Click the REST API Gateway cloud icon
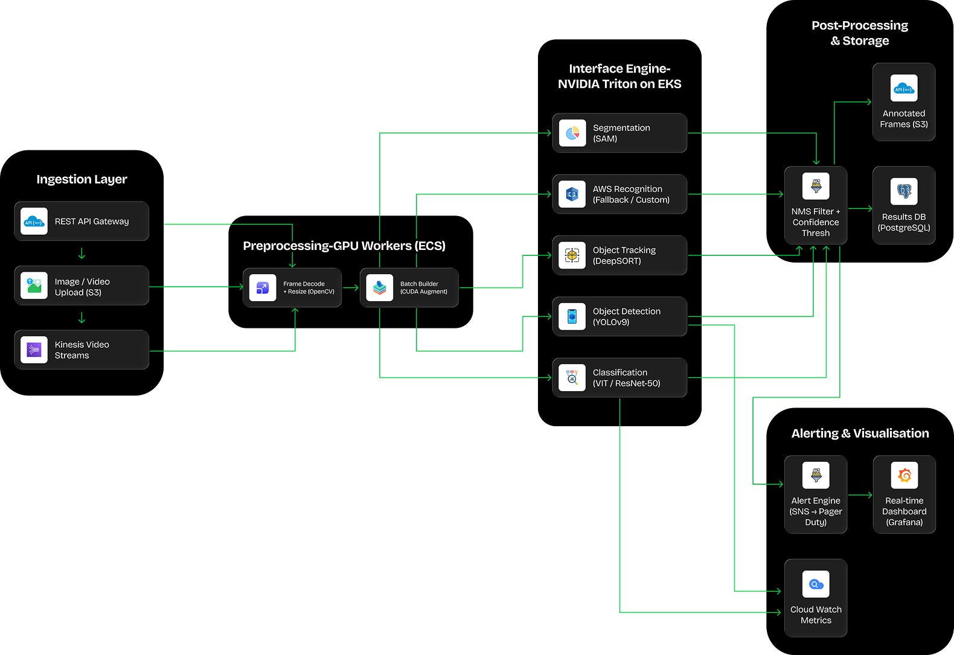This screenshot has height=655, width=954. (34, 222)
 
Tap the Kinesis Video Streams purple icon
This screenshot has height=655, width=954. (34, 350)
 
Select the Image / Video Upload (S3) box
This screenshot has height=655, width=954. (82, 286)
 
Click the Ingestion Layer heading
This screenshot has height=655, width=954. (82, 179)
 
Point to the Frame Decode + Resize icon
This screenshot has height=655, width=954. (263, 288)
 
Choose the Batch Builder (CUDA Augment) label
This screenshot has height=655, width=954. (424, 287)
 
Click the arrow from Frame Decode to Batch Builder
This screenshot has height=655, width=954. (351, 288)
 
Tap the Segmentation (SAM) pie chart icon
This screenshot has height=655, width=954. (572, 133)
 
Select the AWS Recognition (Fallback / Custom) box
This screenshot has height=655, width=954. (619, 194)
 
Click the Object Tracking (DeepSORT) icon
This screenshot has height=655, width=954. (572, 255)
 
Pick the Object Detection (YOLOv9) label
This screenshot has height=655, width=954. (627, 317)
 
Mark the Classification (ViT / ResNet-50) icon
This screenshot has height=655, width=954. (572, 378)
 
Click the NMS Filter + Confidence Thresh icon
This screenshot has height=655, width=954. (816, 186)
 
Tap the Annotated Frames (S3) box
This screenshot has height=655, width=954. (904, 102)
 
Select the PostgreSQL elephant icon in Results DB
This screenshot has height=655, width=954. (904, 191)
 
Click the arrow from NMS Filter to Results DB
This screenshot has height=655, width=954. (860, 209)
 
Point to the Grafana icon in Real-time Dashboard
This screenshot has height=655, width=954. (904, 475)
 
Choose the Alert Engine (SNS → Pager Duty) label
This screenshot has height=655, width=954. (816, 511)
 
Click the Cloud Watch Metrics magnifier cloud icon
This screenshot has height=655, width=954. (816, 584)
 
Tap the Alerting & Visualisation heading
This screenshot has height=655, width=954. (860, 433)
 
